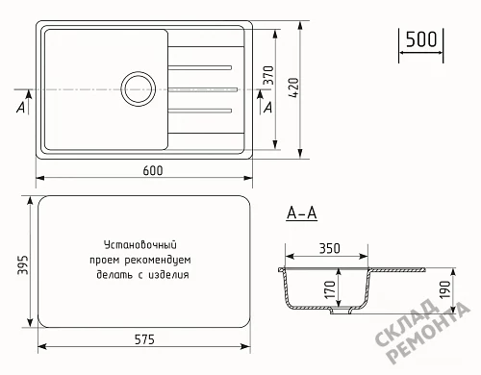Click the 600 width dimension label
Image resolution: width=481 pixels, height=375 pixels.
153,170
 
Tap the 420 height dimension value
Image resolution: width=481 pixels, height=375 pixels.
293,87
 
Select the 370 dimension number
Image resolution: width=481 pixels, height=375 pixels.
268,75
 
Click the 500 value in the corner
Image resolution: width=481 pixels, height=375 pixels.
421,39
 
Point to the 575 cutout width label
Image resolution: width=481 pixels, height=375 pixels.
144,339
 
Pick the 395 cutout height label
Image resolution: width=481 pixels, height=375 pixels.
23,264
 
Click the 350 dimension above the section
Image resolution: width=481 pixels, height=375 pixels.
330,248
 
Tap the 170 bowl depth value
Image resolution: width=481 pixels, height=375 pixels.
330,289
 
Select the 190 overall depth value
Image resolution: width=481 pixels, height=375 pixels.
444,289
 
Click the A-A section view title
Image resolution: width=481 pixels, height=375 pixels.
302,212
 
